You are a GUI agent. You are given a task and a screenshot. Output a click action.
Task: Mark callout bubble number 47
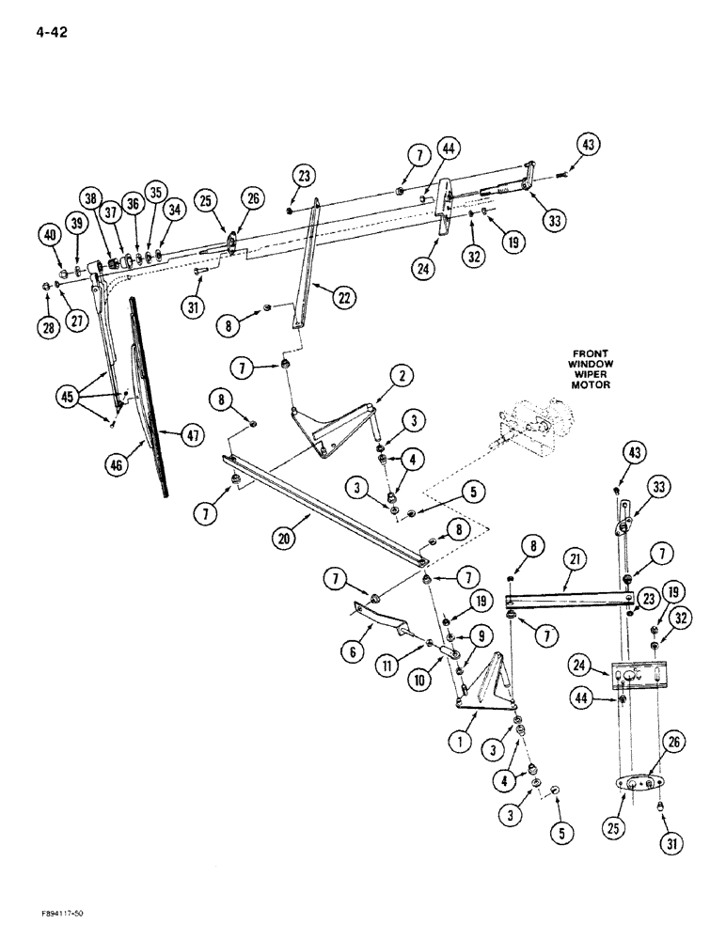click(x=192, y=436)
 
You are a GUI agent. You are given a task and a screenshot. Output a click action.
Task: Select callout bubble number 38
click(x=91, y=199)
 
